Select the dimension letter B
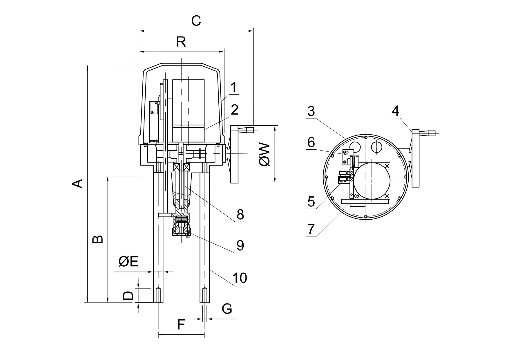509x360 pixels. point(98,239)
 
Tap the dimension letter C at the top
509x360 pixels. point(196,21)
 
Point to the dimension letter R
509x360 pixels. point(181,42)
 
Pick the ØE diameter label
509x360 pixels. point(128,262)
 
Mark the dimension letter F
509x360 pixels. point(181,325)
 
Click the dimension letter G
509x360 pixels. point(227,309)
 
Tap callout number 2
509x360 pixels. point(234,110)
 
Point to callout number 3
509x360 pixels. point(311,111)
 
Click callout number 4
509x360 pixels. point(395,111)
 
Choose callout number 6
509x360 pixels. point(311,142)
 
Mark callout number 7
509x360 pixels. point(311,229)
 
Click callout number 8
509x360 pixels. point(240,215)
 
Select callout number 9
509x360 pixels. point(240,245)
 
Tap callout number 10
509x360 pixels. point(240,278)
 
